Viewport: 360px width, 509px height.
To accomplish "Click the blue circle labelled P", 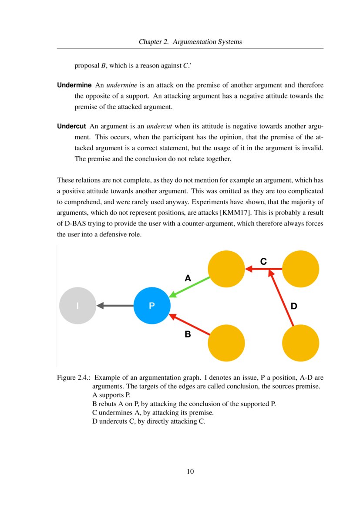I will pyautogui.click(x=151, y=306).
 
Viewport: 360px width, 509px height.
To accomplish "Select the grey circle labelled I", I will pyautogui.click(x=77, y=306).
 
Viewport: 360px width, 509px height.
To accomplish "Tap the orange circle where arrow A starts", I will pyautogui.click(x=226, y=269).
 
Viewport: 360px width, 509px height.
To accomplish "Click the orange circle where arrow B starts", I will pyautogui.click(x=226, y=343).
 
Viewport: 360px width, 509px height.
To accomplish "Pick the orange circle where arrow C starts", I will pyautogui.click(x=301, y=269).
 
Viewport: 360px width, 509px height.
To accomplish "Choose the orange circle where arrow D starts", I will pyautogui.click(x=301, y=343).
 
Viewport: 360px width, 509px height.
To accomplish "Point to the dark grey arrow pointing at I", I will pyautogui.click(x=115, y=306).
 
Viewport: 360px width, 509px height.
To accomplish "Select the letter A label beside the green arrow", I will pyautogui.click(x=188, y=278).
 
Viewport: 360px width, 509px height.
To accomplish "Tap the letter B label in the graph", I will pyautogui.click(x=188, y=334).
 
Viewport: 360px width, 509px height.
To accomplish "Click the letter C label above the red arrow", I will pyautogui.click(x=263, y=261).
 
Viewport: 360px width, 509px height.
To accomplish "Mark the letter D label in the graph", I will pyautogui.click(x=294, y=307).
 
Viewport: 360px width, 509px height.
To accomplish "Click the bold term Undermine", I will pyautogui.click(x=74, y=84).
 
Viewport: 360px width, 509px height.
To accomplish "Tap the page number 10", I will pyautogui.click(x=190, y=472).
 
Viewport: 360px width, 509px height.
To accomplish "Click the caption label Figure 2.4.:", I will pyautogui.click(x=74, y=378).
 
